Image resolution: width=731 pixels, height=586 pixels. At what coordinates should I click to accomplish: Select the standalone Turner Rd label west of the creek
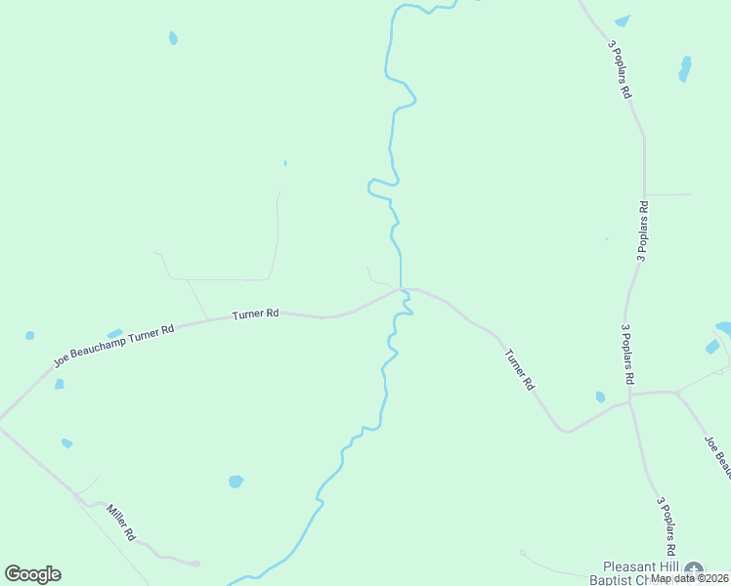[256, 314]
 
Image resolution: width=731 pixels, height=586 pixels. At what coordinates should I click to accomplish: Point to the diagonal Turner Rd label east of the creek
[519, 370]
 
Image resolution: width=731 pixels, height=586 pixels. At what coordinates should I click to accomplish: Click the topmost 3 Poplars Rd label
[618, 69]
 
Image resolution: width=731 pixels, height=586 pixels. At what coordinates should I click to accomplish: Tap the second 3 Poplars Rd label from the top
[642, 231]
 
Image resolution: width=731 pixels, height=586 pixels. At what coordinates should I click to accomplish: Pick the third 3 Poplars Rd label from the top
[629, 354]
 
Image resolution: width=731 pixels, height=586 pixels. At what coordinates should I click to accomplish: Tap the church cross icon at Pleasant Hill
[693, 569]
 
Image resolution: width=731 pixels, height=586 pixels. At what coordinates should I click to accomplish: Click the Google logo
[32, 574]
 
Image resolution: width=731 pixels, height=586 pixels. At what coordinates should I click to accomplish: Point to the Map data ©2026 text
[689, 578]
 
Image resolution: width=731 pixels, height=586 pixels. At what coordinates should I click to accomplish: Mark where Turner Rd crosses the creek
[401, 289]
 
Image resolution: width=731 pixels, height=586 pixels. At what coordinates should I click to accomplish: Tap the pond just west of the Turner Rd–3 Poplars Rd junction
[600, 398]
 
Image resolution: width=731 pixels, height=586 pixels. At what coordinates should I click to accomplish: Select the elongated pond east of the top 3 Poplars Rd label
[685, 68]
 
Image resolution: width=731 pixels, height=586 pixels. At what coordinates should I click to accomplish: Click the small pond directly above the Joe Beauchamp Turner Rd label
[114, 333]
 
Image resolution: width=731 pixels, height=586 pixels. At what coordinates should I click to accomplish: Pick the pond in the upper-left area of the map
[173, 38]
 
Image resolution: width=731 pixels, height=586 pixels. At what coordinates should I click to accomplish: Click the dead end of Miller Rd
[196, 564]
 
